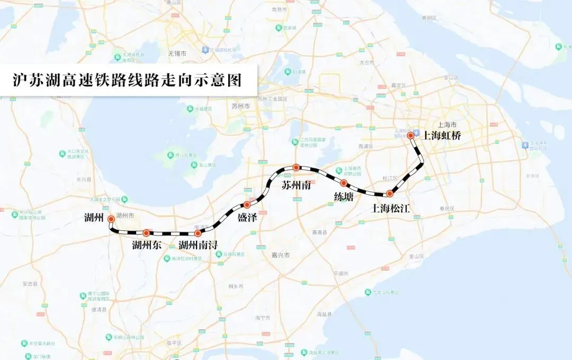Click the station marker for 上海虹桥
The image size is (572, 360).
[410, 136]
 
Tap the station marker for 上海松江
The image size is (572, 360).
[390, 194]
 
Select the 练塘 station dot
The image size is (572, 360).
[344, 183]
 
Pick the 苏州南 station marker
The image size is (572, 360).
[297, 167]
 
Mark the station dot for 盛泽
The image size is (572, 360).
[247, 204]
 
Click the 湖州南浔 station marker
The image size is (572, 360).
[198, 233]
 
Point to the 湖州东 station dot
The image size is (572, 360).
[146, 233]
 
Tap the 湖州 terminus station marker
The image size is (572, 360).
[111, 219]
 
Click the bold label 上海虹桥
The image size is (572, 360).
[442, 136]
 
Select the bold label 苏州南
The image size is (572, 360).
[296, 186]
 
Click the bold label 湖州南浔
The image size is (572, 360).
[198, 245]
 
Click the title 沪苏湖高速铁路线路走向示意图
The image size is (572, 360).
[127, 80]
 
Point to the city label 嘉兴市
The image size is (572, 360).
[280, 255]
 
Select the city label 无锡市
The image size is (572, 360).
[177, 54]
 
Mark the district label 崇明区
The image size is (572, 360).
[429, 18]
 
